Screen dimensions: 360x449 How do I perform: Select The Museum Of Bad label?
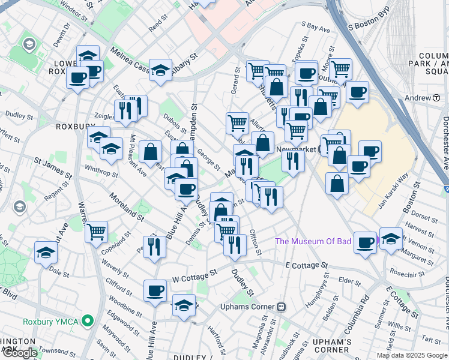coord(312,242)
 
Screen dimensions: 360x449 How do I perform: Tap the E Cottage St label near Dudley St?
coord(307,265)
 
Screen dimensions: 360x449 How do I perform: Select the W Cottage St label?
coord(194,275)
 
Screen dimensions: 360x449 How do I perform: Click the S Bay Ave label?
coord(316,28)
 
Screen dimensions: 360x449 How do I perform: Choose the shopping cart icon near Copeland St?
coord(96,231)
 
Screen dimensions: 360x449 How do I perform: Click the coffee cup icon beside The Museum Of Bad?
coord(365,242)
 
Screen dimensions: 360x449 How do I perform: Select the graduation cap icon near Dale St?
coord(46,252)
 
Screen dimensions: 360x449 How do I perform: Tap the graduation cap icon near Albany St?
coord(161,70)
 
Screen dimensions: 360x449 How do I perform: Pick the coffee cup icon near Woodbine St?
coord(155,290)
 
